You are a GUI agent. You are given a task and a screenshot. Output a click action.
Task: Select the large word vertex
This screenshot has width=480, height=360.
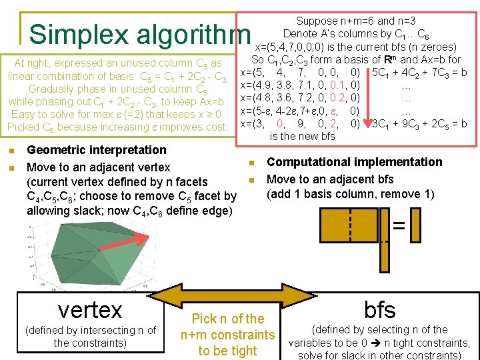pos(90,309)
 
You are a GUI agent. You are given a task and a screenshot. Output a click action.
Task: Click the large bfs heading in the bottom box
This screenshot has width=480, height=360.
pos(380,309)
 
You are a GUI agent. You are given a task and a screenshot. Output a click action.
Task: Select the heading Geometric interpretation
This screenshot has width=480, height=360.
pos(97,150)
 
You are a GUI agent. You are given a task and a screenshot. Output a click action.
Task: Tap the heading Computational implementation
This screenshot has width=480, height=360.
pos(354,162)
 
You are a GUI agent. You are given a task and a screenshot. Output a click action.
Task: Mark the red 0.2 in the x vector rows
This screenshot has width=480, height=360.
pos(338,97)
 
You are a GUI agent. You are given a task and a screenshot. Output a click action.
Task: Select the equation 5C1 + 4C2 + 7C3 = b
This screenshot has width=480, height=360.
pos(419,72)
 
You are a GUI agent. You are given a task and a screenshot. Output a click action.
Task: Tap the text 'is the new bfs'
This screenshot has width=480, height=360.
pos(303,136)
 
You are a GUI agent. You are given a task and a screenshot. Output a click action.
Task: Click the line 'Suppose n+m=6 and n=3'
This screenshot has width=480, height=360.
pos(356,21)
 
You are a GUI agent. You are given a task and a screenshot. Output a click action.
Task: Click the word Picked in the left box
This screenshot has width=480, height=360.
pos(25,127)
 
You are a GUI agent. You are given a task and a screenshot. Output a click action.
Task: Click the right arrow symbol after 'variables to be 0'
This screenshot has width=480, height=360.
pos(385,343)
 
